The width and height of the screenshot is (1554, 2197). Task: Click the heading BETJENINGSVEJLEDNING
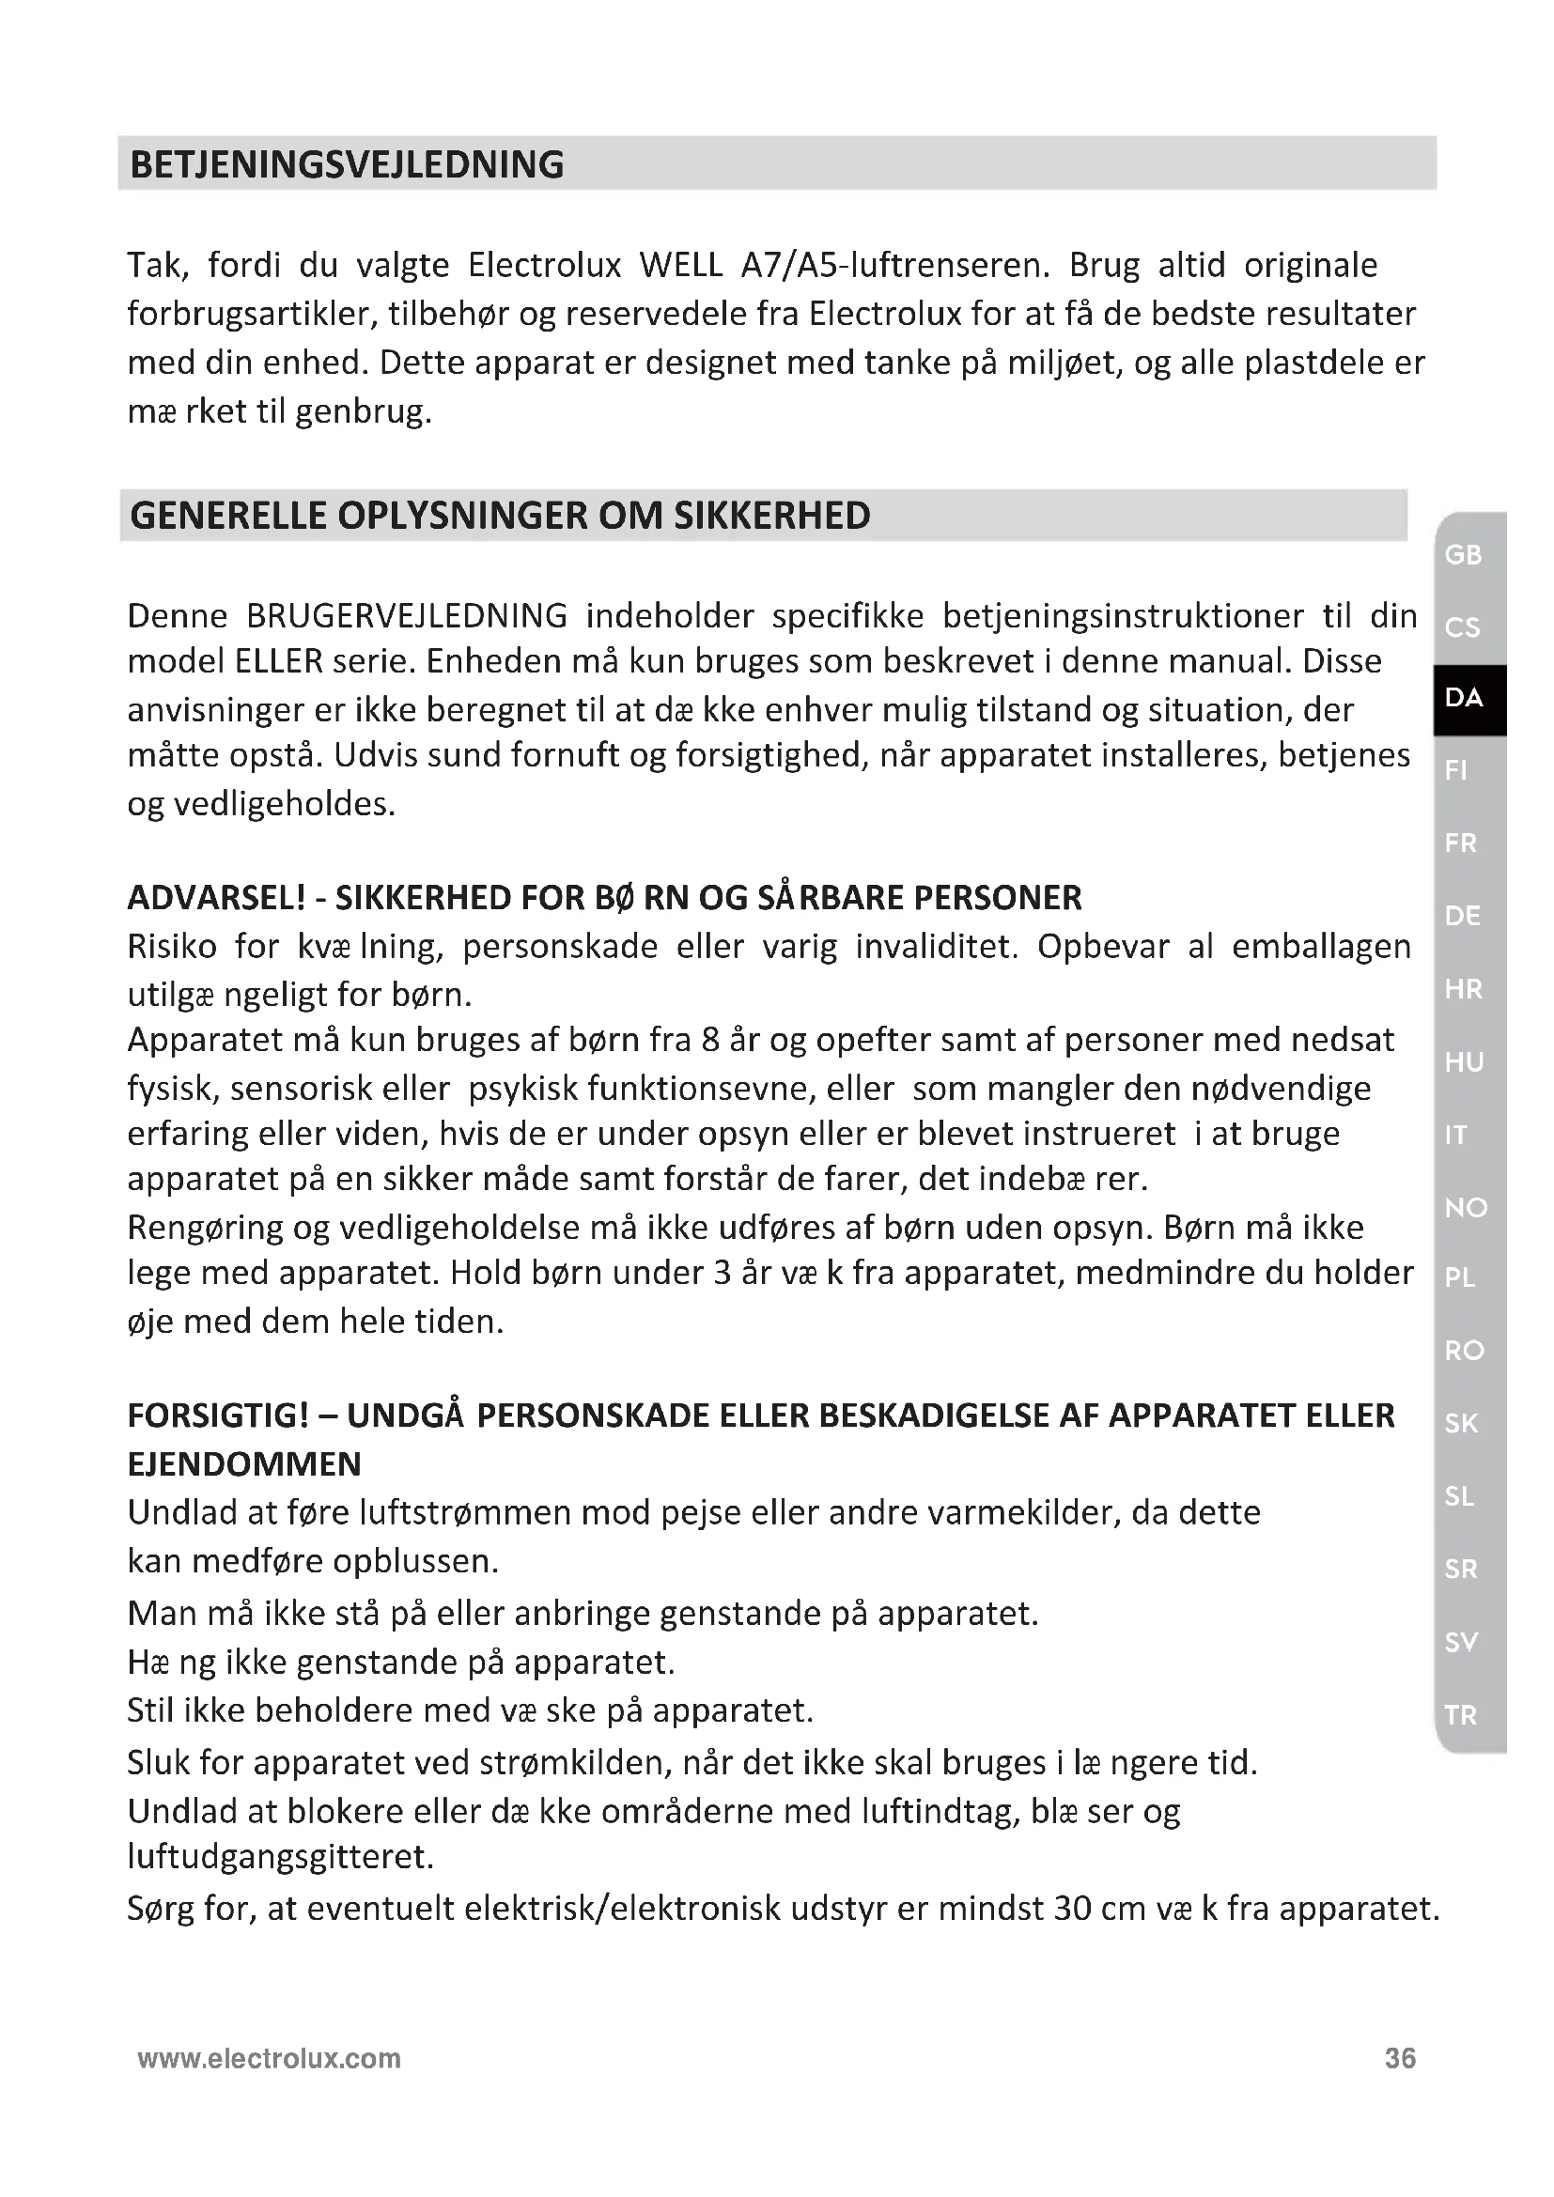point(347,164)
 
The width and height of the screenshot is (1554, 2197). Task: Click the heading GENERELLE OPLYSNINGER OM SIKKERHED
point(500,516)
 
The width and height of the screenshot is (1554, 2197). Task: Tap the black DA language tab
point(1465,698)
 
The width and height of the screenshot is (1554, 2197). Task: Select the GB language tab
point(1463,555)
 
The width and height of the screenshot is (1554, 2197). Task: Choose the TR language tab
point(1461,1715)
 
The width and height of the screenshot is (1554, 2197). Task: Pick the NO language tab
point(1466,1208)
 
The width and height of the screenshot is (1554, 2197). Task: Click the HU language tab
point(1464,1062)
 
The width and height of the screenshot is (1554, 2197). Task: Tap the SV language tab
point(1462,1642)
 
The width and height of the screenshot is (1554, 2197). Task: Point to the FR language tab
point(1461,843)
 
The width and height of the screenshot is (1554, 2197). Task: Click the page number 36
point(1400,2058)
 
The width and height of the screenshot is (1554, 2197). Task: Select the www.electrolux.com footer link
point(269,2058)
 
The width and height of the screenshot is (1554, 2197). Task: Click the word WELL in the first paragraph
point(680,265)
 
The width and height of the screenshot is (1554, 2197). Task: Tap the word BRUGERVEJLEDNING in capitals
point(407,616)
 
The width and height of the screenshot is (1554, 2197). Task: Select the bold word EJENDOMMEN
point(244,1464)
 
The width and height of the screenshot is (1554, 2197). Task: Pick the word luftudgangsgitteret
point(280,1856)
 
